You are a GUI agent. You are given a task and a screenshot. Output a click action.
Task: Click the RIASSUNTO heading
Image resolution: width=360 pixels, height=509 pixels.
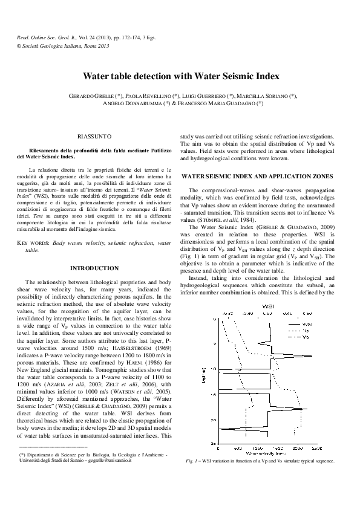point(94,138)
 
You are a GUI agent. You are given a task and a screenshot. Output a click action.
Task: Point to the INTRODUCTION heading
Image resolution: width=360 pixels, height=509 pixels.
point(94,267)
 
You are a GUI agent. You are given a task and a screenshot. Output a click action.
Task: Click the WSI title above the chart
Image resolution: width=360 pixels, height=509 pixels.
point(266,307)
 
